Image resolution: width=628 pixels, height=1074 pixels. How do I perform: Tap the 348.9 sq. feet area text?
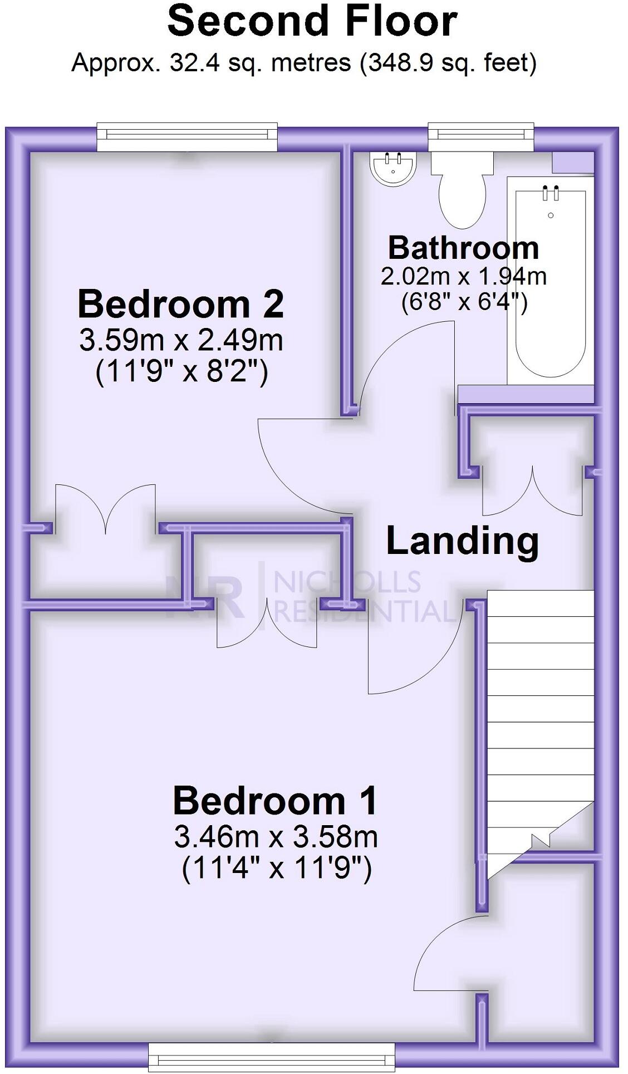pyautogui.click(x=449, y=62)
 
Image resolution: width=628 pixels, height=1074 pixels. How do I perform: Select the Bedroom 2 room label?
pyautogui.click(x=180, y=304)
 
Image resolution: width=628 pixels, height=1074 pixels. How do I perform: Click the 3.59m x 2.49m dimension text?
pyautogui.click(x=181, y=340)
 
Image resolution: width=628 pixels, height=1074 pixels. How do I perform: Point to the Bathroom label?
pyautogui.click(x=463, y=248)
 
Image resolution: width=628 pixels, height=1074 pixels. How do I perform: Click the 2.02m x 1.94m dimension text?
pyautogui.click(x=463, y=276)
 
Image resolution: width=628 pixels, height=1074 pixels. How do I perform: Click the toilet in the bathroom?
pyautogui.click(x=463, y=192)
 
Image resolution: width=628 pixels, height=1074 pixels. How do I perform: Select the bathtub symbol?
pyautogui.click(x=550, y=284)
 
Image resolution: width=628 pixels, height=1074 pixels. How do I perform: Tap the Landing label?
pyautogui.click(x=462, y=541)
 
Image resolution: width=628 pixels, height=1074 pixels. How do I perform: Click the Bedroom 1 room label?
pyautogui.click(x=275, y=801)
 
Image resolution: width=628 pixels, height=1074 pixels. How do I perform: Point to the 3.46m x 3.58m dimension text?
pyautogui.click(x=276, y=836)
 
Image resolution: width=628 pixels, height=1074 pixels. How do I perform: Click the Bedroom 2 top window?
pyautogui.click(x=187, y=136)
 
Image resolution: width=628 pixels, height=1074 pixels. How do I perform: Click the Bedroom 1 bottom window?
pyautogui.click(x=272, y=1056)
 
